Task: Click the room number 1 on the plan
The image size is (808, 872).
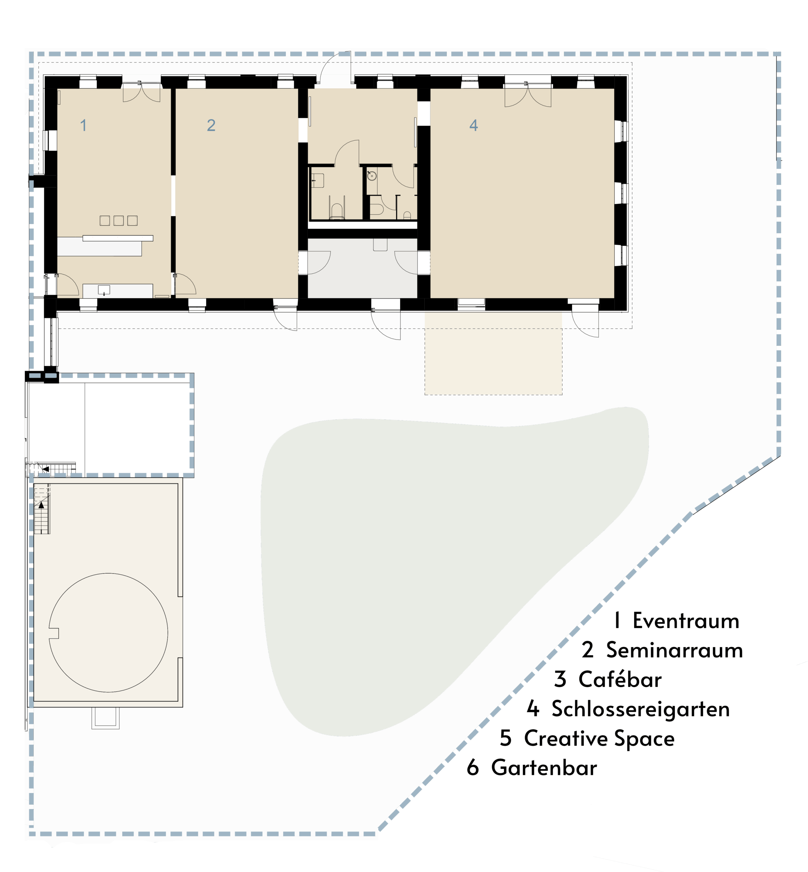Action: pyautogui.click(x=83, y=125)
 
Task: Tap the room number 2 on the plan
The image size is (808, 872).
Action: pyautogui.click(x=211, y=125)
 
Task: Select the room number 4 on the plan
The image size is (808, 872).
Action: pyautogui.click(x=473, y=125)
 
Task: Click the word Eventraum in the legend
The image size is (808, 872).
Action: pyautogui.click(x=686, y=621)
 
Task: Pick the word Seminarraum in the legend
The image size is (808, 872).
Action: pyautogui.click(x=674, y=650)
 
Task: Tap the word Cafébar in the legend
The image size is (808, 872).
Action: pyautogui.click(x=620, y=679)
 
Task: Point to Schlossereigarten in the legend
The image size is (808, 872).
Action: pyautogui.click(x=641, y=709)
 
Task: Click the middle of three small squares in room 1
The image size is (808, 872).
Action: pyautogui.click(x=119, y=220)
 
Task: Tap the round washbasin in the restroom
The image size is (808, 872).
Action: pyautogui.click(x=372, y=176)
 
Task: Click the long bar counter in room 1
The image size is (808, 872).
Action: pyautogui.click(x=118, y=238)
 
